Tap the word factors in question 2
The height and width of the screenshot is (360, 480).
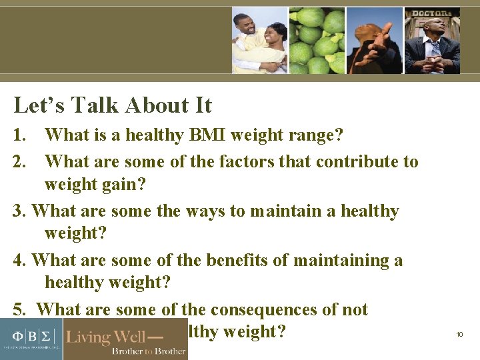253,161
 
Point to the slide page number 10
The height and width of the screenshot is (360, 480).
459,334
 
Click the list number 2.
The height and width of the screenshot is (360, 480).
21,161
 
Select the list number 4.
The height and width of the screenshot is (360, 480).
20,260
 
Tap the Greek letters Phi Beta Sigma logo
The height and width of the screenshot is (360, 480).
30,333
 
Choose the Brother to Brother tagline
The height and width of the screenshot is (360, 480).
148,351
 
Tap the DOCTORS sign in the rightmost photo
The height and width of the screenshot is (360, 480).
433,13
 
